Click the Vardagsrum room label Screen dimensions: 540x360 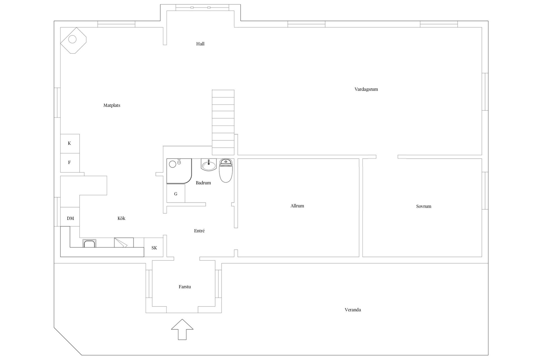(366, 89)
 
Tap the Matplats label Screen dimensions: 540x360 (112, 105)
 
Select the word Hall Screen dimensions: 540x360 (200, 44)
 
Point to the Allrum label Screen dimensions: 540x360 (297, 206)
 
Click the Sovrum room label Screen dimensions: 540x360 (424, 206)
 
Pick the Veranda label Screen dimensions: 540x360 (353, 310)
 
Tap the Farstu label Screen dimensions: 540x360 (185, 287)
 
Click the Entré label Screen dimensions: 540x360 (199, 231)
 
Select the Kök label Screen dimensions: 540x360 (121, 218)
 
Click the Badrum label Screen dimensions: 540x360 (203, 183)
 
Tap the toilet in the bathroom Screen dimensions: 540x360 (226, 170)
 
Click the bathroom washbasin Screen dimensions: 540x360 (209, 165)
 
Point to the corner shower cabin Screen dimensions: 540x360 (179, 171)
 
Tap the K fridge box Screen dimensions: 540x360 (70, 143)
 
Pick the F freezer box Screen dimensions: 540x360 (70, 163)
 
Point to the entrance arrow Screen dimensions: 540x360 (182, 329)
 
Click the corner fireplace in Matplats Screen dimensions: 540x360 (73, 40)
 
